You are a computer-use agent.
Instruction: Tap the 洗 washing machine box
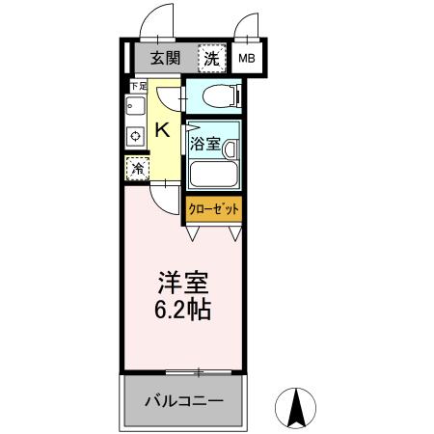click(x=210, y=59)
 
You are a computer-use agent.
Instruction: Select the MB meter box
click(x=247, y=59)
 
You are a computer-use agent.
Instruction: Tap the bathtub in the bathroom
click(x=213, y=175)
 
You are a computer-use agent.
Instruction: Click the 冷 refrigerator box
click(x=137, y=167)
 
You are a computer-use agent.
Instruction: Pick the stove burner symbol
click(x=135, y=138)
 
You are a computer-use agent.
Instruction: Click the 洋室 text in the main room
click(x=183, y=285)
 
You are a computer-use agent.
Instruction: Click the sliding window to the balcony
click(x=198, y=372)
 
